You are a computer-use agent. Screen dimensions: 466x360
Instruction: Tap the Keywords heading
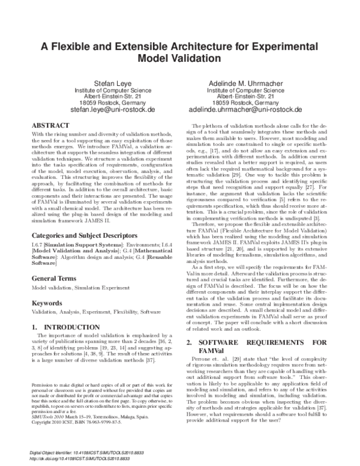click(48, 303)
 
